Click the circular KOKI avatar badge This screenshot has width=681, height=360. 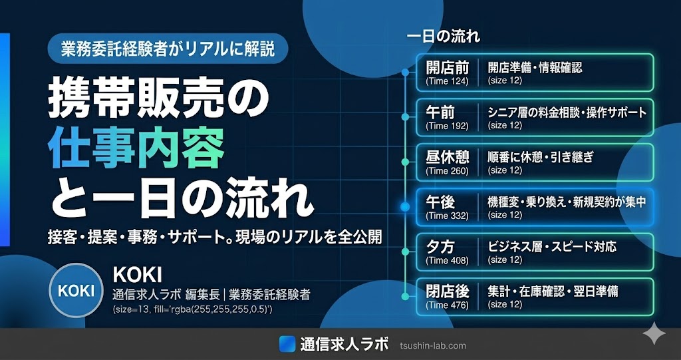pos(76,290)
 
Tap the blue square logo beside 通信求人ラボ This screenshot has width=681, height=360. pos(287,344)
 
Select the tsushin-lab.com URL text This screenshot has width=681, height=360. pos(432,346)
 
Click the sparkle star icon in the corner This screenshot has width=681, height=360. pos(654,335)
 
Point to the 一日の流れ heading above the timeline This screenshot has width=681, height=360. pos(444,37)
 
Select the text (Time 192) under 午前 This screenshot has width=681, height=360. pos(447,126)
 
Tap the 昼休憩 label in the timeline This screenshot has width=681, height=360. pos(447,157)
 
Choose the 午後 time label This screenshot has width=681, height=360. pos(440,202)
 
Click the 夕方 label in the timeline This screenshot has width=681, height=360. pos(440,246)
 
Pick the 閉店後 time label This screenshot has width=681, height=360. pos(447,291)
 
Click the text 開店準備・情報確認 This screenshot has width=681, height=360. pos(535,67)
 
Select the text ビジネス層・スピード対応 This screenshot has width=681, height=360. pos(552,247)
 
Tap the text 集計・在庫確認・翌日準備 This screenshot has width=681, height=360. pos(553,291)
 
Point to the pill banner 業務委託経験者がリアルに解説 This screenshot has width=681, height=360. pos(168,49)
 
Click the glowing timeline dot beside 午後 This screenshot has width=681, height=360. pos(405,208)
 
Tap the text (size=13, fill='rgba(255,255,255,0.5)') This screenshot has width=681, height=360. pos(192,309)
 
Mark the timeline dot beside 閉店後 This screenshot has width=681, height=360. pos(405,297)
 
